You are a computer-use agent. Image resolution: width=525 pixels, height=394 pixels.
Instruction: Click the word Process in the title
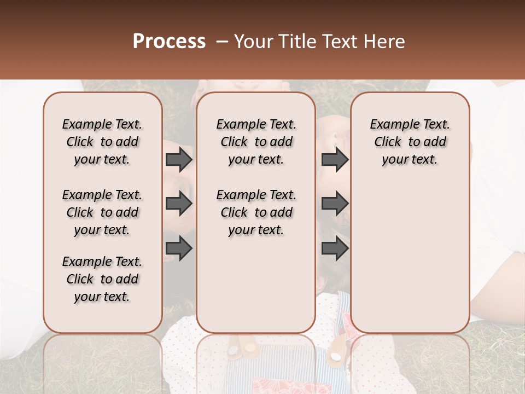(169, 42)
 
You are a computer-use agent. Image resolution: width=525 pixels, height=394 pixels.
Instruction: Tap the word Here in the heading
(385, 42)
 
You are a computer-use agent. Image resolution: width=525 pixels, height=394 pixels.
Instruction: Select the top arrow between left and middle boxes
(179, 160)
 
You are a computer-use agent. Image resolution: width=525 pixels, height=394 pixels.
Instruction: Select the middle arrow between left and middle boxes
(179, 204)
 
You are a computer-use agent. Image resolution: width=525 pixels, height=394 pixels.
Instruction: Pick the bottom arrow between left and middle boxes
(179, 248)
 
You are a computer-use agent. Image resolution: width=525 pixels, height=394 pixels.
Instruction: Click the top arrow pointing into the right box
(335, 160)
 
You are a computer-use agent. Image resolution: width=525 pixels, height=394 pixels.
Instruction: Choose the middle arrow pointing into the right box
(335, 204)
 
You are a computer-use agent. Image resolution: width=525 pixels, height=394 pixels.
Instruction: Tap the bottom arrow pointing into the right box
(335, 248)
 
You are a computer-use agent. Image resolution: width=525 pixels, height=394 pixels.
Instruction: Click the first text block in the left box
(102, 142)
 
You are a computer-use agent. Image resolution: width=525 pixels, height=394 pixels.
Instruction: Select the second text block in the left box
(102, 212)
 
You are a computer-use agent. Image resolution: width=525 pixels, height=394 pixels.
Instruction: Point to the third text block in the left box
(102, 279)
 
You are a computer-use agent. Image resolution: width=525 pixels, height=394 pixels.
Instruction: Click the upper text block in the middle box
(256, 142)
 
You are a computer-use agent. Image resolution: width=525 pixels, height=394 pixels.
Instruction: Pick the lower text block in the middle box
(256, 212)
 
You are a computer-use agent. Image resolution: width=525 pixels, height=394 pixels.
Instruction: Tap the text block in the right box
(410, 142)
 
